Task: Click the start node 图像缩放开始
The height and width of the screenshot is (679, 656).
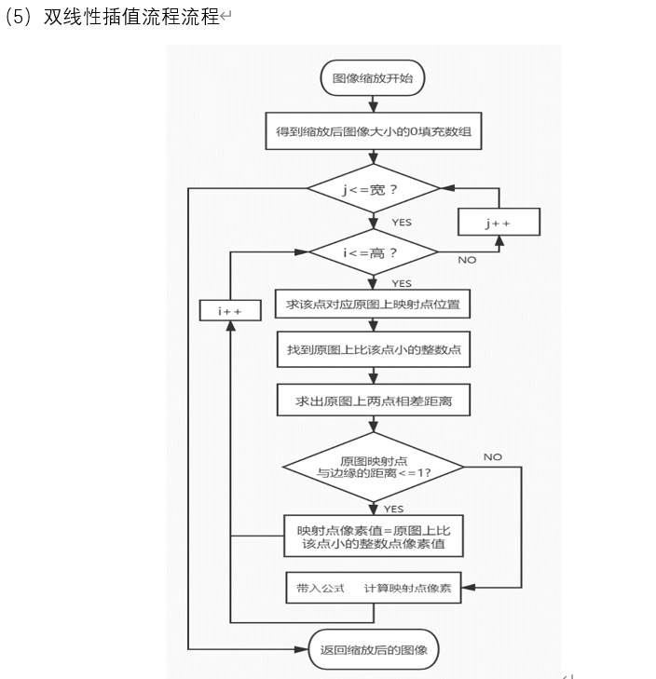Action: click(373, 79)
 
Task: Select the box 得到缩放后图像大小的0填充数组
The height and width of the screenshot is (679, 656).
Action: click(373, 133)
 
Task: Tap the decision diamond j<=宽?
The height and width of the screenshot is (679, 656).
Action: click(373, 191)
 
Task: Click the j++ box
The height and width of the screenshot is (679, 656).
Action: click(499, 224)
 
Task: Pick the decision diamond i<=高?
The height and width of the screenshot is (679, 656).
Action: click(373, 251)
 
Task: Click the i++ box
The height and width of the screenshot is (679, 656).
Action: click(229, 311)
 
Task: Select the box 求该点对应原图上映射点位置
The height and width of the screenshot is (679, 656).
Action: click(373, 305)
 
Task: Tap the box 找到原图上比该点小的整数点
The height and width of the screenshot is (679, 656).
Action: click(373, 353)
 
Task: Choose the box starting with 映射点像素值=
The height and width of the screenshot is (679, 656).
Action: click(373, 535)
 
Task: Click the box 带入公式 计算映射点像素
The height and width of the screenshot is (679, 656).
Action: click(373, 589)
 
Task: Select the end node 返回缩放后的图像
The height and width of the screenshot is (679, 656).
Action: click(373, 648)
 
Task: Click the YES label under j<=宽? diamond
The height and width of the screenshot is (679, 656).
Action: click(402, 223)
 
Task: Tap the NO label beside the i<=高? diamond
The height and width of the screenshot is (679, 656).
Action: click(467, 260)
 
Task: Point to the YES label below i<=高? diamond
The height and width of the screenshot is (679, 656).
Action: click(402, 283)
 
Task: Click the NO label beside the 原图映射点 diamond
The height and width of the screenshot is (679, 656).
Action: click(493, 456)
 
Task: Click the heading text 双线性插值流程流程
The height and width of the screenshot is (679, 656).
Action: click(130, 18)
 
